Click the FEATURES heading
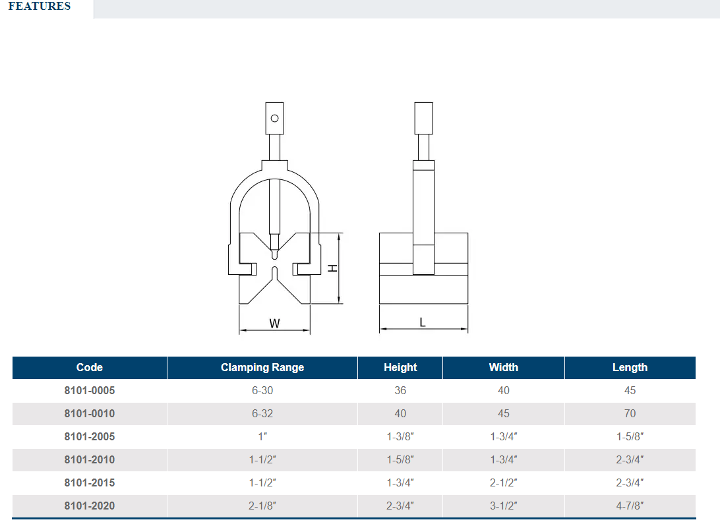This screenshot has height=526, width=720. coord(40,6)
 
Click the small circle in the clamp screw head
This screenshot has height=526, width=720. coord(274,119)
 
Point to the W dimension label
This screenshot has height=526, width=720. coord(274,324)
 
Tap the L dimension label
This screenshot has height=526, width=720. coord(423,322)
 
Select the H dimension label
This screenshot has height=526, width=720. coord(332,268)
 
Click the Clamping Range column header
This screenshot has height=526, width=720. coord(262,368)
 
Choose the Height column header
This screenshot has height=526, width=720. coord(400,368)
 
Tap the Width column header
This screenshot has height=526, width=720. coord(504,368)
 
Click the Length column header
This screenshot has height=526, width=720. coord(630,368)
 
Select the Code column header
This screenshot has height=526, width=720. coord(90,368)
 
